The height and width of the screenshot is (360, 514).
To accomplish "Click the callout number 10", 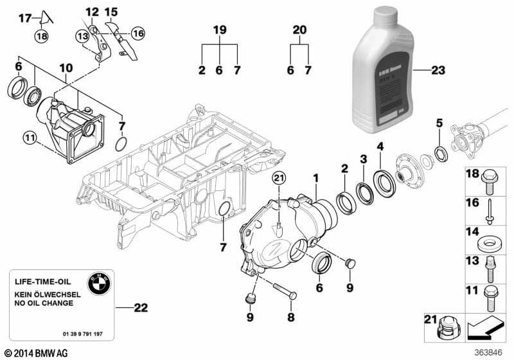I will (66, 67).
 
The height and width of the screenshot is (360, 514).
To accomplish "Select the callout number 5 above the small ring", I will (439, 123).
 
